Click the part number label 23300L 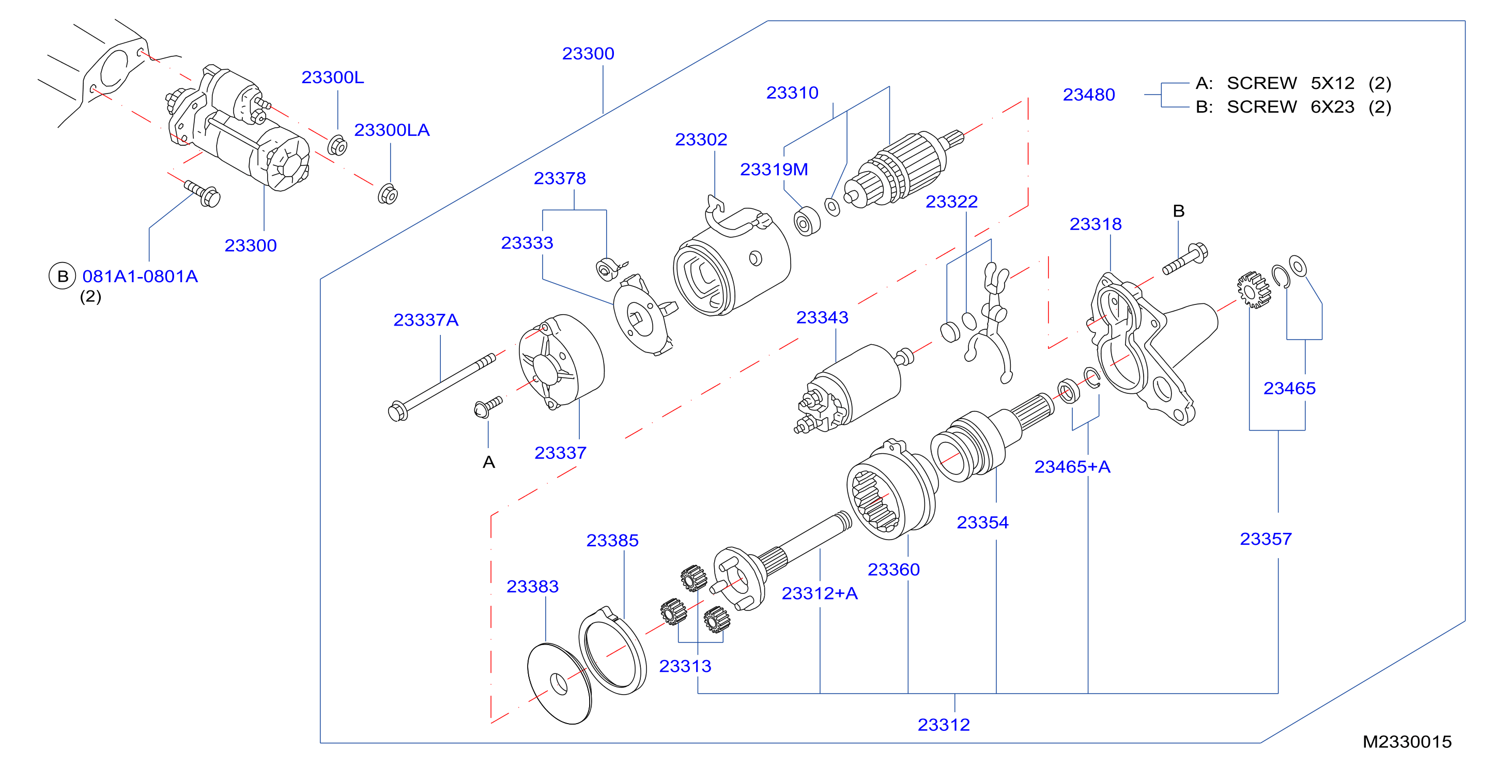[x=332, y=77]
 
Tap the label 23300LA [x=392, y=130]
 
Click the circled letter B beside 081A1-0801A [x=62, y=276]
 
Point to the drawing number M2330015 [x=1407, y=742]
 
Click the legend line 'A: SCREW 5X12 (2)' [x=1293, y=83]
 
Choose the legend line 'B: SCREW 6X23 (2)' [x=1293, y=106]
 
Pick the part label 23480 [x=1088, y=95]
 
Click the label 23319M [x=774, y=170]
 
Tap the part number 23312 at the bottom [x=943, y=725]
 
